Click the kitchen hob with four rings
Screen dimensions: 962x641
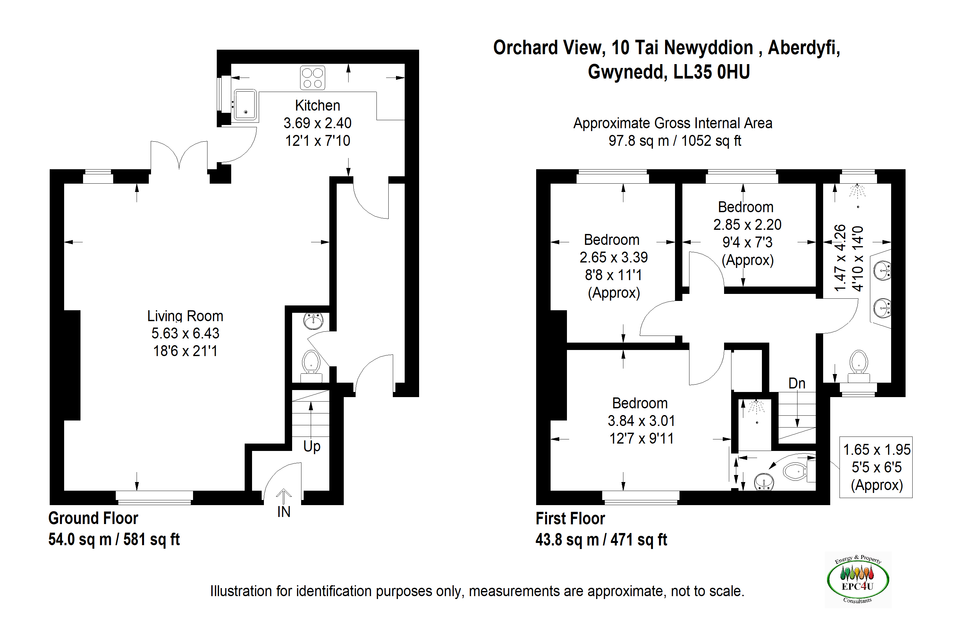(312, 78)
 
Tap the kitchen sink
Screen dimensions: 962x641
(245, 105)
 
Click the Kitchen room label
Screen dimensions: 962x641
(317, 105)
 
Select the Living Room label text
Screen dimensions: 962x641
(185, 316)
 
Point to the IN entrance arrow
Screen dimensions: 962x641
(283, 497)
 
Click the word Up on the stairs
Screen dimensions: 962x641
(312, 446)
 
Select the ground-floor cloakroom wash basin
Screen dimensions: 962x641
(313, 321)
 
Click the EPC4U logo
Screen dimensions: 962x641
(858, 580)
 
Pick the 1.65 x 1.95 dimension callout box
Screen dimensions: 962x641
(876, 467)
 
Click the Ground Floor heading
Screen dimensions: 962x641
(93, 518)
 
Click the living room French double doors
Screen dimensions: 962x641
(179, 155)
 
